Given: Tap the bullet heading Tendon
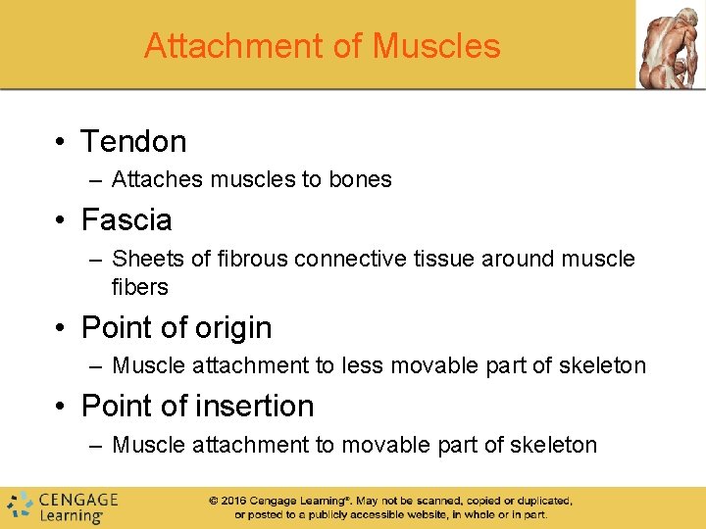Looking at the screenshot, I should (x=133, y=141).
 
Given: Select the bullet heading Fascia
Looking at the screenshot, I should (x=126, y=219).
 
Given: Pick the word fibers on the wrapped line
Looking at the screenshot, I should (x=140, y=287).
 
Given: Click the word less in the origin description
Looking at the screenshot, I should (x=361, y=365).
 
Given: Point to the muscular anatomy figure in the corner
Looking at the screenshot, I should (x=670, y=44).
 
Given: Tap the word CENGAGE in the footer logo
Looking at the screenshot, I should (x=78, y=499).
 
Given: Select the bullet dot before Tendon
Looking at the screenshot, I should (x=61, y=142).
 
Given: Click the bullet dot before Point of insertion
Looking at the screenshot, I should (x=61, y=407).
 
